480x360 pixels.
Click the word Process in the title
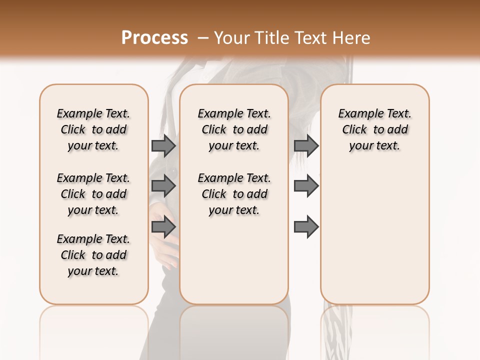[x=154, y=38]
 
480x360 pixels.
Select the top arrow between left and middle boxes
[x=163, y=145]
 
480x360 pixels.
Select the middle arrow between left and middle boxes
[x=163, y=186]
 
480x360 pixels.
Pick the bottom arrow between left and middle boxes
[x=163, y=227]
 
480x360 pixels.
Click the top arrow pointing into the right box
[x=306, y=145]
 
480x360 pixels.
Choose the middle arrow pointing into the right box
[x=306, y=186]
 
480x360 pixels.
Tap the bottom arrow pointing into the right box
[x=306, y=227]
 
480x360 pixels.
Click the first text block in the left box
[x=93, y=129]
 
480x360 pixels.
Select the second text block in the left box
[x=93, y=194]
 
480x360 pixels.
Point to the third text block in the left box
[x=93, y=255]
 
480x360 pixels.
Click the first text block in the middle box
[x=234, y=129]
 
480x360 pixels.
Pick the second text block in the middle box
[x=234, y=194]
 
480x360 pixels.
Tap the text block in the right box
[x=374, y=129]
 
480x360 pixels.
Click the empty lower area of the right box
[x=374, y=235]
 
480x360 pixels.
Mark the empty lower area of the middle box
[x=234, y=265]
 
